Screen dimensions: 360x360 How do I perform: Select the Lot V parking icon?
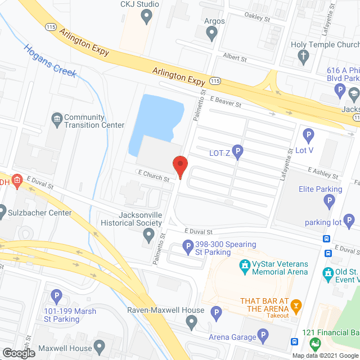coord(308,134)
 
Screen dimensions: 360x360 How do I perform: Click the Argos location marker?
coord(211,34)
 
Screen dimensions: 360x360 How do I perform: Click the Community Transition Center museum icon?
coord(56,119)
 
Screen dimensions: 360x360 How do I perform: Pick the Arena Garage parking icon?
coord(263,336)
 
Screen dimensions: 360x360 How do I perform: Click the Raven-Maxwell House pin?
coord(192,322)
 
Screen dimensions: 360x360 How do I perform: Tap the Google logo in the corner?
coord(18,353)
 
